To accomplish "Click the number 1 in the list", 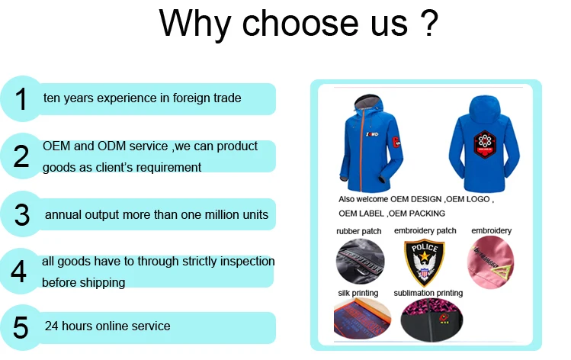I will click(x=22, y=99).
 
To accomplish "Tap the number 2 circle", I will click(x=21, y=156).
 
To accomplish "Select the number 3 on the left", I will click(x=22, y=214).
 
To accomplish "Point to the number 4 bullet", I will click(x=20, y=272).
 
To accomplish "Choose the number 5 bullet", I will click(x=21, y=327).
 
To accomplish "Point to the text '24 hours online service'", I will click(x=107, y=326).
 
